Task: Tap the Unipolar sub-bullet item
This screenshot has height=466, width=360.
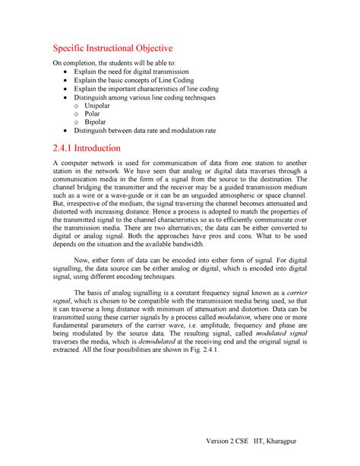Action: (x=108, y=107)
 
